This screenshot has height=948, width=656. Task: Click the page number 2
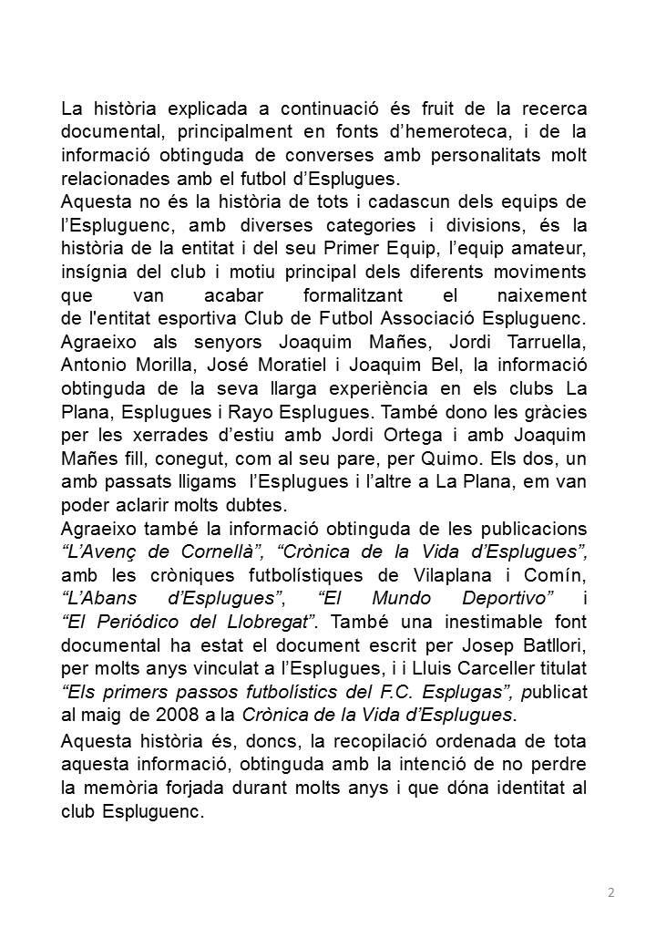611,891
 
